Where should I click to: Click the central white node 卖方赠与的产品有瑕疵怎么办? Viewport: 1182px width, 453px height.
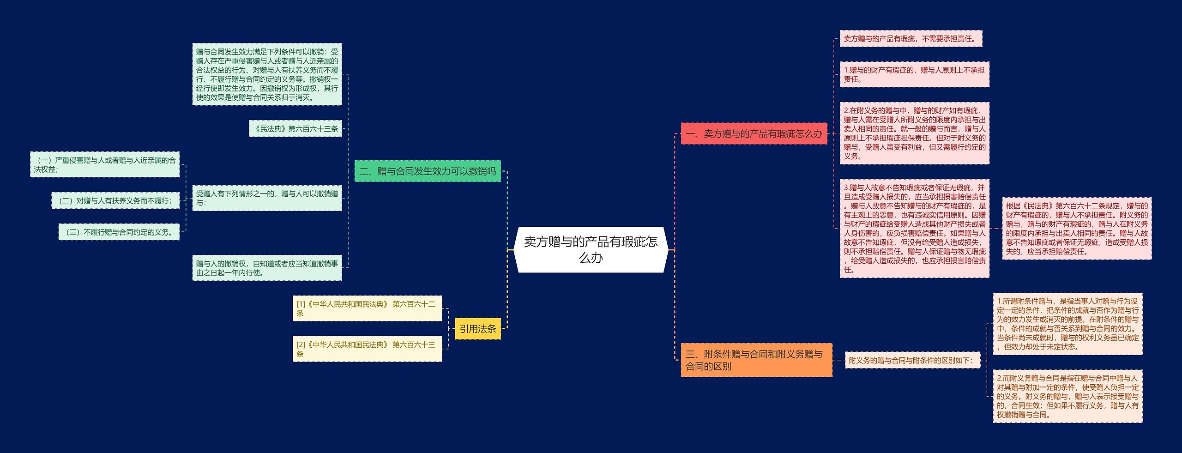[591, 249]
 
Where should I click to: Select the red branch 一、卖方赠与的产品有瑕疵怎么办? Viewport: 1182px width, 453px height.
[754, 134]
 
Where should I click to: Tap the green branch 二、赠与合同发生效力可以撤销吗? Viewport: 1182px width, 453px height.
[427, 171]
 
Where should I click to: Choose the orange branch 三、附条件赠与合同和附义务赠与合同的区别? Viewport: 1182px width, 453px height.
[756, 360]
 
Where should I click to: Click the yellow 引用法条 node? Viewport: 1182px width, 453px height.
[477, 329]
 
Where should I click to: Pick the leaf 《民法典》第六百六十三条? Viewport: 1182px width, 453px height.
[296, 129]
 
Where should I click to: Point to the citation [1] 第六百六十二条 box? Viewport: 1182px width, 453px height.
[367, 308]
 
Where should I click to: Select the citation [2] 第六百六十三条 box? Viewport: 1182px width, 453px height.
[367, 349]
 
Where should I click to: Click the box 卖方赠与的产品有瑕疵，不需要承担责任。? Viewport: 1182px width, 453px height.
[911, 39]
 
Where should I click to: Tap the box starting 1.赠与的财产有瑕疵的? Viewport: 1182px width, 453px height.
[914, 74]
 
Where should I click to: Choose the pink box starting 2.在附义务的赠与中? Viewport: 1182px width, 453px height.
[914, 133]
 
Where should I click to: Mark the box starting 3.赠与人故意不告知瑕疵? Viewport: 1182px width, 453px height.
[914, 229]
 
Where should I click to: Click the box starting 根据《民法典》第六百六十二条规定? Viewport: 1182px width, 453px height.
[1076, 229]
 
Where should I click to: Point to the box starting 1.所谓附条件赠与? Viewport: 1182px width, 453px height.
[1067, 324]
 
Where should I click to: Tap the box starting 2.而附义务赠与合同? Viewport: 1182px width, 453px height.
[1067, 396]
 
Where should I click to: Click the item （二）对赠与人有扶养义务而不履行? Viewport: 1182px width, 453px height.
[115, 201]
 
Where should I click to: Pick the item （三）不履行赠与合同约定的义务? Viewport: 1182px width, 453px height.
[119, 232]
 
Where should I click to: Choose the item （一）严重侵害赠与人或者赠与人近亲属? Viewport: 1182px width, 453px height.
[105, 165]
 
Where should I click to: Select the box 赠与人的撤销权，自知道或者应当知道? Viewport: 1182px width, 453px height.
[267, 268]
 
